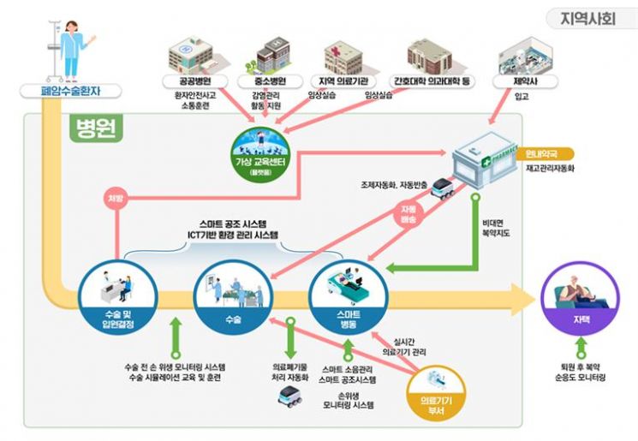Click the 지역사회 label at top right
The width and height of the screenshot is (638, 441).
point(587,18)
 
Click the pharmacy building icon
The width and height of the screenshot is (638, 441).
point(483,159)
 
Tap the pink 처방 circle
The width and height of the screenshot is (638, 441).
point(114,200)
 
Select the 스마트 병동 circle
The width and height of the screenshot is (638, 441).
point(346,296)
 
